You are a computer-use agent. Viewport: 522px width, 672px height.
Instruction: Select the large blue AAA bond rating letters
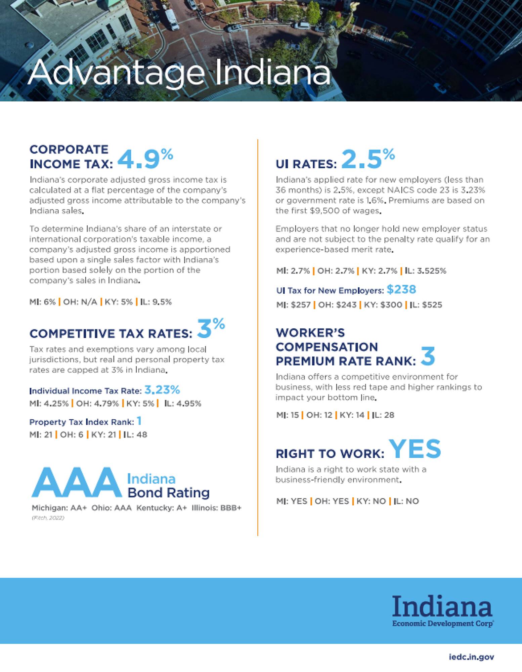[x=77, y=482]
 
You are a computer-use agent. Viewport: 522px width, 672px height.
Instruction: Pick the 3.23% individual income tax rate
[x=162, y=390]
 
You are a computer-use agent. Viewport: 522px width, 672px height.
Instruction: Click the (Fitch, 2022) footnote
[x=48, y=518]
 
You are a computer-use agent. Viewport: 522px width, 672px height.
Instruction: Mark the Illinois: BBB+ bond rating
[x=216, y=507]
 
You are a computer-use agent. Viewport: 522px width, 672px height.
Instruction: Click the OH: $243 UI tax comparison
[x=337, y=305]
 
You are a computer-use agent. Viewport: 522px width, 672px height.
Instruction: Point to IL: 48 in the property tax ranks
[x=136, y=434]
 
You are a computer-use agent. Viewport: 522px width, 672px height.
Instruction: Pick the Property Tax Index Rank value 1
[x=139, y=421]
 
